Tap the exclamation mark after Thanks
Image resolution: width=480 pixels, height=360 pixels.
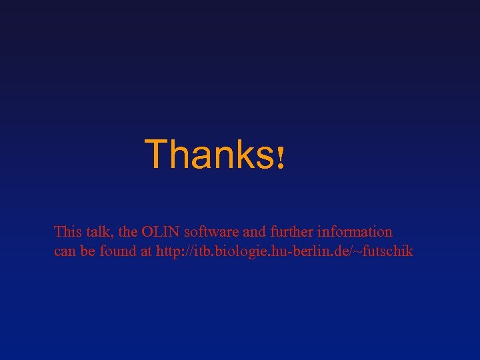tap(281, 159)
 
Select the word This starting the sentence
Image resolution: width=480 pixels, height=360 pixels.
tap(67, 232)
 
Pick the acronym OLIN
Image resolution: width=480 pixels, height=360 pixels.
tap(159, 232)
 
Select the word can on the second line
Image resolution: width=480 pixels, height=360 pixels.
tap(64, 252)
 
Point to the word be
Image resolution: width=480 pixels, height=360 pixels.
tap(86, 251)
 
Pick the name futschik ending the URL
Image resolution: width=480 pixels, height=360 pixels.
tap(390, 251)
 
